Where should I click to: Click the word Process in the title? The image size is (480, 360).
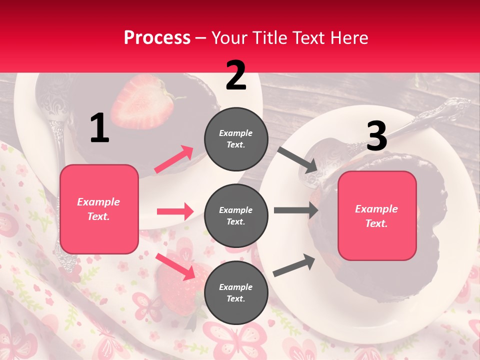coord(157,38)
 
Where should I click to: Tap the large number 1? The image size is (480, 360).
coord(99,128)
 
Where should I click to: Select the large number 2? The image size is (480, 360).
coord(236,75)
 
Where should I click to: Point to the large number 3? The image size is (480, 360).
coord(376,136)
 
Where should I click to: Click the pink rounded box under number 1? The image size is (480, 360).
coord(99,209)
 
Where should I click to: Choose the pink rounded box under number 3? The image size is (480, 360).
coord(377,216)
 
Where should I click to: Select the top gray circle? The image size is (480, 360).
coord(236,139)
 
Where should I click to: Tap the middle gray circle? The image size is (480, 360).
coord(236,216)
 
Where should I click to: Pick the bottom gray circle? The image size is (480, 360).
coord(236,293)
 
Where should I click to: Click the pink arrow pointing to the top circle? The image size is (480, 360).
coord(174,159)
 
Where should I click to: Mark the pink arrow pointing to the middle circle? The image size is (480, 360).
coord(175,211)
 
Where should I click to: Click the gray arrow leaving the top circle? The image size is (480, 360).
coord(297,159)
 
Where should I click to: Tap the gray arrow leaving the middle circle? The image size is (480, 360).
coord(296,210)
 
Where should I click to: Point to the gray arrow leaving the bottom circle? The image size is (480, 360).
coord(294,265)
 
